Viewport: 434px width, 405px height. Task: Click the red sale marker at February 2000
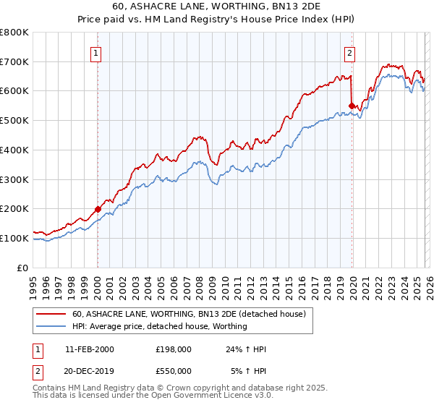point(98,209)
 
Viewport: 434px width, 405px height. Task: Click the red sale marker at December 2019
point(352,106)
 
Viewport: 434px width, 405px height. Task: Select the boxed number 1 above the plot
point(96,52)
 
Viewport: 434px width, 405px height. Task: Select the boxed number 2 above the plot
point(350,52)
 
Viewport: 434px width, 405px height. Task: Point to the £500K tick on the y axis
point(14,120)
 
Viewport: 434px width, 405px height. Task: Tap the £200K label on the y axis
point(14,208)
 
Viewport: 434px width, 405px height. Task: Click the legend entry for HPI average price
point(160,326)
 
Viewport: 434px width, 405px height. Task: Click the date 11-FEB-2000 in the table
point(89,349)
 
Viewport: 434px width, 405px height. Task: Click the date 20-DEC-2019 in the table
point(89,370)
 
